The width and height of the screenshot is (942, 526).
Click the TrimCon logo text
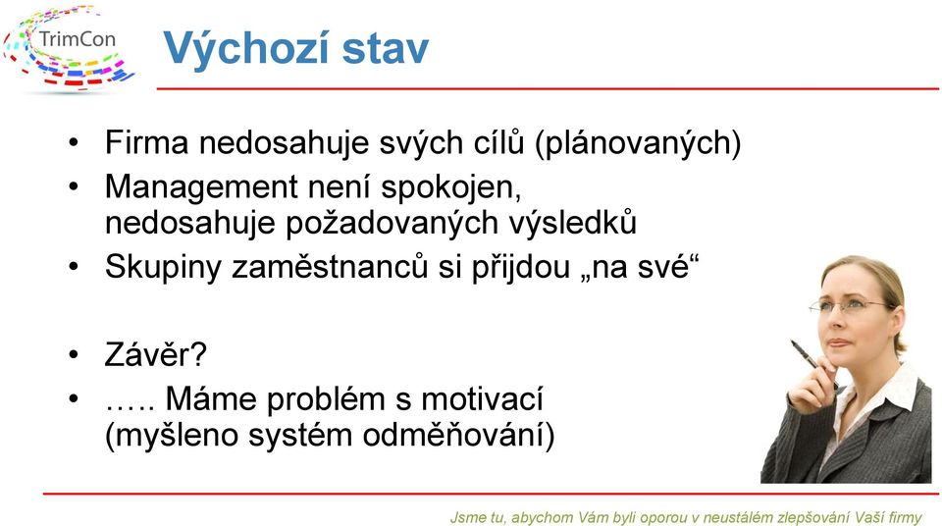pyautogui.click(x=77, y=39)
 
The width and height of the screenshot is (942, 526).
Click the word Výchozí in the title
pyautogui.click(x=246, y=47)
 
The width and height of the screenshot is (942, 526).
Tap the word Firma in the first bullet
pyautogui.click(x=146, y=142)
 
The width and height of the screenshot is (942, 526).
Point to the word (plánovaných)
pyautogui.click(x=638, y=143)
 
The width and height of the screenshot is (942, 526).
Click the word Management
pyautogui.click(x=202, y=188)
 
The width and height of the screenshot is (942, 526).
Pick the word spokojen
pyautogui.click(x=450, y=188)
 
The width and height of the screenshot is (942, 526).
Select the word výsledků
pyautogui.click(x=572, y=223)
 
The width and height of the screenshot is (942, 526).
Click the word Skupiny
pyautogui.click(x=163, y=268)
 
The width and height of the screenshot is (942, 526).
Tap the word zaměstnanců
pyautogui.click(x=330, y=266)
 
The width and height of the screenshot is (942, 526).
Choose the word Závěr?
pyautogui.click(x=156, y=353)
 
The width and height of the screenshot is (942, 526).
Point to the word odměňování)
pyautogui.click(x=458, y=435)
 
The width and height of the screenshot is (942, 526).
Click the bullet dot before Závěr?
pyautogui.click(x=74, y=354)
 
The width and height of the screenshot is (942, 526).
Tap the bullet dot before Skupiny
pyautogui.click(x=74, y=266)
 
